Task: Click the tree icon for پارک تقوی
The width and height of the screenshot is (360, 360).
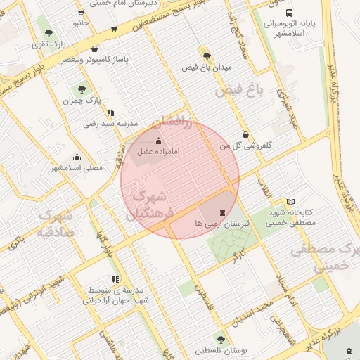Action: [x=49, y=33]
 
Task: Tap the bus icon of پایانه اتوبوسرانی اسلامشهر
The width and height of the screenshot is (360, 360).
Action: [x=289, y=13]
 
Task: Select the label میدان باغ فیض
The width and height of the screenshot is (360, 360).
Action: [x=207, y=67]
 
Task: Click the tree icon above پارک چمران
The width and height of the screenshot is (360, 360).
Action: [x=82, y=90]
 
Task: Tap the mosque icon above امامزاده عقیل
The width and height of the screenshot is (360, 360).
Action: [x=157, y=141]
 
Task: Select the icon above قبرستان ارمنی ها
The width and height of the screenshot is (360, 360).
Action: [x=222, y=212]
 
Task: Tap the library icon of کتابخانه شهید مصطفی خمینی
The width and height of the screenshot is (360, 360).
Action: [x=291, y=202]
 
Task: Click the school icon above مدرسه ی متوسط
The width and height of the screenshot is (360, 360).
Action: [x=115, y=279]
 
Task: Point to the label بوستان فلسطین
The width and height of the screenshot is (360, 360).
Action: [x=221, y=350]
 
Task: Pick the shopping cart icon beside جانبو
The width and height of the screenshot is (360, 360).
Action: [x=114, y=30]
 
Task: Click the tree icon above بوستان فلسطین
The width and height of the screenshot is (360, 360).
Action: [x=221, y=339]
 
